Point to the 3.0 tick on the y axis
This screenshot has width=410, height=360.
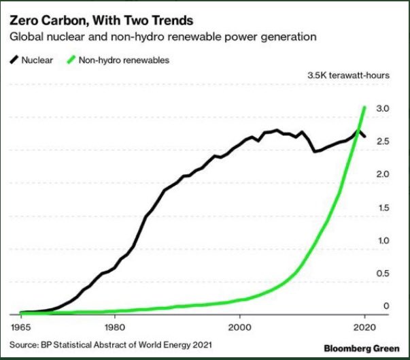pyautogui.click(x=382, y=108)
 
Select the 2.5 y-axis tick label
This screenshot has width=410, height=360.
pyautogui.click(x=382, y=142)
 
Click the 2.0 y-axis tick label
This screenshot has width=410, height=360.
pyautogui.click(x=382, y=174)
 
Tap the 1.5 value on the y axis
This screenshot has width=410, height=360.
pyautogui.click(x=382, y=208)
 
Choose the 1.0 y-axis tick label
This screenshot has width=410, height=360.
pyautogui.click(x=382, y=240)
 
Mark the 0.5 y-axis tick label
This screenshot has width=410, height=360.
pyautogui.click(x=382, y=274)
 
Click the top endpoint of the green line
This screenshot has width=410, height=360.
pyautogui.click(x=366, y=107)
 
